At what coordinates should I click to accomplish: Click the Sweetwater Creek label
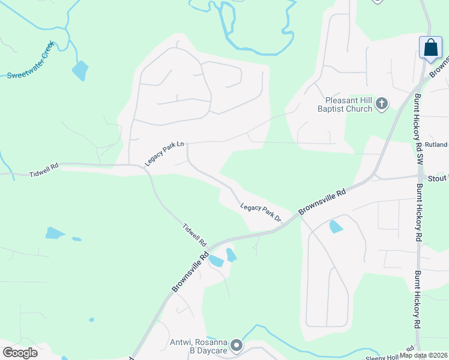click(x=31, y=60)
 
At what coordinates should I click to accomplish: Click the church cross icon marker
click(x=381, y=104)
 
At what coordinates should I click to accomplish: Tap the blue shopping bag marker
click(x=430, y=48)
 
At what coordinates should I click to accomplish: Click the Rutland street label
click(x=436, y=145)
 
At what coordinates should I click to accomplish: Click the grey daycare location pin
click(x=237, y=345)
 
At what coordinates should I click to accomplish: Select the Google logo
click(x=20, y=353)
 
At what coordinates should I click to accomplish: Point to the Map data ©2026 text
click(x=424, y=355)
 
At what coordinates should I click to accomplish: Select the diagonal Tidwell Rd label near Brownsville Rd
click(x=194, y=235)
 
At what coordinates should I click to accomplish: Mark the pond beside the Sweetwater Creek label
click(x=80, y=71)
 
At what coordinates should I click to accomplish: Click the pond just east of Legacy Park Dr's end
click(x=336, y=227)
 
